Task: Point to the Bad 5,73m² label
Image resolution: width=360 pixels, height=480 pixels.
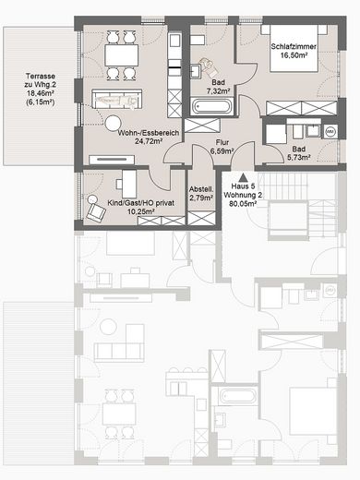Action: [x=298, y=153]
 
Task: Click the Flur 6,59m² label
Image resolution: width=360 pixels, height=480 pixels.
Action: [x=220, y=147]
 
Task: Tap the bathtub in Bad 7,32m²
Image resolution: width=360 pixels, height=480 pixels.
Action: [x=213, y=108]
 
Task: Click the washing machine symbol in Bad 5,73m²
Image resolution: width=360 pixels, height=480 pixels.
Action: [x=330, y=133]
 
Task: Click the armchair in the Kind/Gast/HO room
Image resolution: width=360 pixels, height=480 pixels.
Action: [x=95, y=209]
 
